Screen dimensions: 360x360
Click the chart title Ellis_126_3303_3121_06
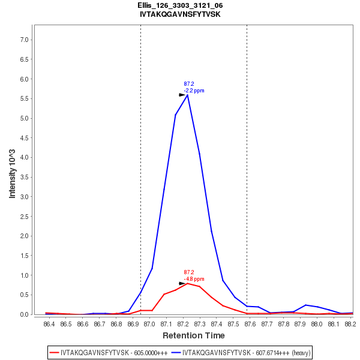pos(180,5)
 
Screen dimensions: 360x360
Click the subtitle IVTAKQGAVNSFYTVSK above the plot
pos(180,14)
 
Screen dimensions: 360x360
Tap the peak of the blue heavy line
pos(187,95)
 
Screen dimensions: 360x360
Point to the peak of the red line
pos(187,283)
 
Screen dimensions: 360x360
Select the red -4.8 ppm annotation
pos(194,279)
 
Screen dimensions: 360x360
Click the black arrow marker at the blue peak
pos(182,95)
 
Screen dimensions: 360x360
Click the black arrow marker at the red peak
pos(182,283)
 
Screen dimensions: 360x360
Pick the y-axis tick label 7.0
pos(25,40)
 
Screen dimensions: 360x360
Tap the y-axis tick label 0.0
pos(25,314)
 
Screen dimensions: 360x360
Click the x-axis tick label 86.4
pos(49,324)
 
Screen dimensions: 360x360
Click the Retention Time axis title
pos(193,335)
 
